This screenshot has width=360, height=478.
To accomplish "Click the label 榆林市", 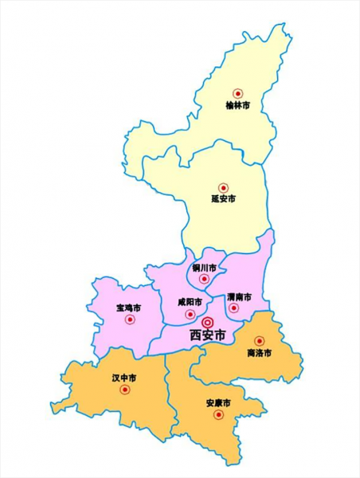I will coord(237,105).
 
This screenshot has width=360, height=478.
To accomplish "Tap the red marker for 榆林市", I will coord(237,93).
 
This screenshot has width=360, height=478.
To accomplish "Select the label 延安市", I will coord(224,199).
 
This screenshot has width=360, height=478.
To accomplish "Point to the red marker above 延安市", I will coord(224,187).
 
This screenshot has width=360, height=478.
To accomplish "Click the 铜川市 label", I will coord(204,268).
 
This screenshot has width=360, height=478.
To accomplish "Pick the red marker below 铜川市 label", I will coord(205,279).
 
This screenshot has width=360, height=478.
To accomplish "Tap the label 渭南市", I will coord(238,296).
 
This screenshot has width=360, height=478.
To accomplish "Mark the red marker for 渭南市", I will coord(233,308).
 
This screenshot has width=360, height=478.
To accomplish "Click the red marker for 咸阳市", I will coord(190,314).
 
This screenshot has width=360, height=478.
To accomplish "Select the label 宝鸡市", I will coord(128,308).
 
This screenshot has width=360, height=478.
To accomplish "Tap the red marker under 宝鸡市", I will coord(131,319).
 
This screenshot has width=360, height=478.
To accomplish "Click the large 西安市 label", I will coord(208,335).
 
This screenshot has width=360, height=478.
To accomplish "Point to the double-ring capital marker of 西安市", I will coord(209,321).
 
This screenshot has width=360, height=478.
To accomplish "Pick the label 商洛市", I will coord(260,352).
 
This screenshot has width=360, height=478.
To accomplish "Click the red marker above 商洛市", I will coord(260,341).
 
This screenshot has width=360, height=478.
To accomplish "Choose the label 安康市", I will coord(217,402).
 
